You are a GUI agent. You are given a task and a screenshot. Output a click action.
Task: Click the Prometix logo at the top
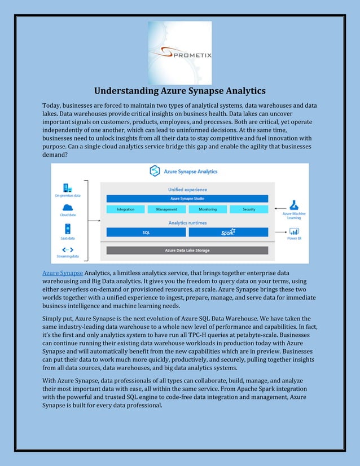coord(179,52)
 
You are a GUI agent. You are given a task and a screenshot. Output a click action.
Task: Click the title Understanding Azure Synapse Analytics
coord(179,91)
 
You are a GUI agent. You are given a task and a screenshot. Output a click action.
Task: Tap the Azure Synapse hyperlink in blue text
coord(63,273)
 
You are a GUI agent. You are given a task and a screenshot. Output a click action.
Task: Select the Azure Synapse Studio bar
coord(187,199)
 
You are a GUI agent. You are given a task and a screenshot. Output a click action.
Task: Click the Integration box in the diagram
coord(125,209)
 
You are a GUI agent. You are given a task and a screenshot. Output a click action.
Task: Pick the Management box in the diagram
coord(166,209)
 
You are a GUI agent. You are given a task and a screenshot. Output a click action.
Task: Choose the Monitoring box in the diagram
coord(207,209)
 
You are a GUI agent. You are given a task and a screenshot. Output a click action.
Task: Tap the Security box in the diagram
coord(248,209)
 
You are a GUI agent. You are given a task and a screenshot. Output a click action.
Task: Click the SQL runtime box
coord(146,232)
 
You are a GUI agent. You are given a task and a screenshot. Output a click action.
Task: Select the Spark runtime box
coord(228,232)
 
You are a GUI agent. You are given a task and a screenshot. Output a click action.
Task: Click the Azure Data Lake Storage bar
coord(187,250)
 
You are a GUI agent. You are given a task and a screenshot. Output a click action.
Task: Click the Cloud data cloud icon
coord(67,207)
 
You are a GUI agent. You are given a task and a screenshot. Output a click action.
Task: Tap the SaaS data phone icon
coord(67,228)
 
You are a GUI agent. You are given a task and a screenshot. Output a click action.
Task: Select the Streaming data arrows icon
coord(67,249)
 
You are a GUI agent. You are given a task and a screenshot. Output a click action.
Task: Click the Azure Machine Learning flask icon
coord(294,205)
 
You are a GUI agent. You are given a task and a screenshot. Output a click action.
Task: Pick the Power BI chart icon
coord(294,231)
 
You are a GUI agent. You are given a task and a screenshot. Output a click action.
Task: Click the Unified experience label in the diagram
coord(187,190)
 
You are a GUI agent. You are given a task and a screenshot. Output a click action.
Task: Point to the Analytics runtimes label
coord(187,223)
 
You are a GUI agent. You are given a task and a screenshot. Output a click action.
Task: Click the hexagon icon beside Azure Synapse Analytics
coord(155,171)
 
